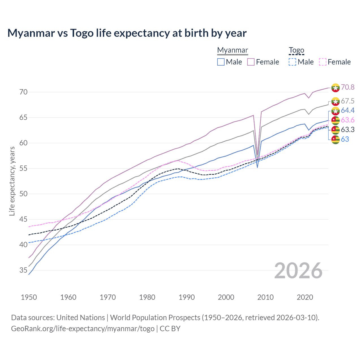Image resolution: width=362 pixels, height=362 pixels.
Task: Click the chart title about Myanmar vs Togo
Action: pyautogui.click(x=127, y=33)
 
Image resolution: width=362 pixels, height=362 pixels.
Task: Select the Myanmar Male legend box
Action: pyautogui.click(x=221, y=62)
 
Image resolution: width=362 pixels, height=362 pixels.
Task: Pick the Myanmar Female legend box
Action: pyautogui.click(x=251, y=62)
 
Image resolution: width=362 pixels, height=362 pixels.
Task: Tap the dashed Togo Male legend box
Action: pyautogui.click(x=292, y=62)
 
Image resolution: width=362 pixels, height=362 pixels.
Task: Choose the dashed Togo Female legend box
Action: pyautogui.click(x=322, y=62)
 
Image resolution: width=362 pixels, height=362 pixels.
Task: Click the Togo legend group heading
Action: pyautogui.click(x=296, y=50)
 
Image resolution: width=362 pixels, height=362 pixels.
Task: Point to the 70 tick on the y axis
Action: pyautogui.click(x=23, y=92)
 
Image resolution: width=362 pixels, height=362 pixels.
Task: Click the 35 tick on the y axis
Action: pyautogui.click(x=23, y=270)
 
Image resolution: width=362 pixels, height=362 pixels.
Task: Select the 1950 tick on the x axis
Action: pyautogui.click(x=29, y=297)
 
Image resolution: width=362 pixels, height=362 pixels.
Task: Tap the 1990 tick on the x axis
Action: pyautogui.click(x=187, y=297)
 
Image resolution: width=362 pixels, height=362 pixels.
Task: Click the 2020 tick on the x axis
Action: pyautogui.click(x=305, y=297)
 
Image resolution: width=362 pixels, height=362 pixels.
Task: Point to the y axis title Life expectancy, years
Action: pyautogui.click(x=12, y=181)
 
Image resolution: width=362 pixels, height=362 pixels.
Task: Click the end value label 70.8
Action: pyautogui.click(x=348, y=87)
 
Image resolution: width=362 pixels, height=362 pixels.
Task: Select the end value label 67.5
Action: pyautogui.click(x=348, y=101)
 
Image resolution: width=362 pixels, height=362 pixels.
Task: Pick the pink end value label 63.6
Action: pyautogui.click(x=348, y=120)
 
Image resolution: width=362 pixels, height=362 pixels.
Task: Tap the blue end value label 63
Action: pyautogui.click(x=345, y=139)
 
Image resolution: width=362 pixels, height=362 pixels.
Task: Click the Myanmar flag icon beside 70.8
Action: pyautogui.click(x=335, y=88)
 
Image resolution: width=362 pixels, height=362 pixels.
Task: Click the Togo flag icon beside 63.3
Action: pyautogui.click(x=335, y=130)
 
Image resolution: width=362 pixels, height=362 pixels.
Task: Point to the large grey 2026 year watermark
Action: pyautogui.click(x=298, y=271)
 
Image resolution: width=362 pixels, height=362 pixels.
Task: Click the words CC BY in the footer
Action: pyautogui.click(x=170, y=329)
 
